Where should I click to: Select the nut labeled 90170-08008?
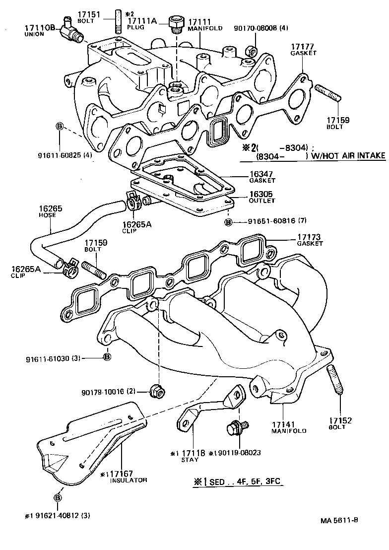coord(251,50)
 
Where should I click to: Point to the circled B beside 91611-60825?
coord(59,127)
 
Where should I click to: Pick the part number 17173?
coord(310,237)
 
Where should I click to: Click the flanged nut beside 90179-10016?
coord(157,392)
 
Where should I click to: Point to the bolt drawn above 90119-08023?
coord(233,428)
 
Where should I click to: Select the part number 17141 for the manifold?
coord(284,424)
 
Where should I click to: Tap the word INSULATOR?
coord(129,480)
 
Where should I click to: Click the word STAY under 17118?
coord(190,460)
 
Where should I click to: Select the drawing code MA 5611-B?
coord(339,521)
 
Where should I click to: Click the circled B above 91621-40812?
coord(58,497)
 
